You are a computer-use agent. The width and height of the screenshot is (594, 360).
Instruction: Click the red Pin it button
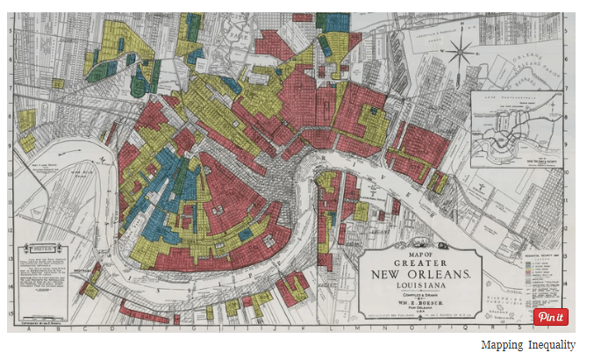[551, 317]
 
